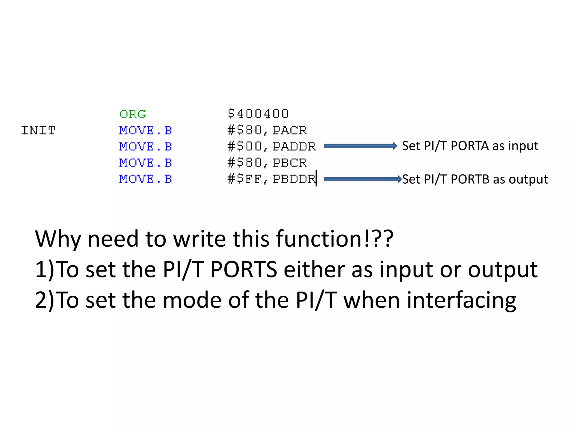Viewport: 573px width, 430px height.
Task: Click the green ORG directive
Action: [x=133, y=114]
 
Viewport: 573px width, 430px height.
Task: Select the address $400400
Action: [x=258, y=114]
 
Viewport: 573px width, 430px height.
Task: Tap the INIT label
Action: [x=38, y=131]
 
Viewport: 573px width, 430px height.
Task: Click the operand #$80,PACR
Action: [x=267, y=130]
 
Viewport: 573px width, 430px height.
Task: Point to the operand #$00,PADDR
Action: [x=271, y=147]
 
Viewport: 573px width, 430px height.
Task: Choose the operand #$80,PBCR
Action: [x=267, y=163]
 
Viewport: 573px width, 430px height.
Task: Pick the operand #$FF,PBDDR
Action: [x=271, y=179]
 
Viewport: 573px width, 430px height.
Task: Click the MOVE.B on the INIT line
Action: [x=145, y=131]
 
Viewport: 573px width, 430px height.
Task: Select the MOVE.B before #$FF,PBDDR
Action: [x=145, y=179]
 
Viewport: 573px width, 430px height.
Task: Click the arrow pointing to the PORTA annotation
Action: [x=360, y=146]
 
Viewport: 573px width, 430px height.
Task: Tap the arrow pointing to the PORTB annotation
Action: [x=363, y=179]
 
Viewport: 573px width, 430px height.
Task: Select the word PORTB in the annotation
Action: [x=470, y=179]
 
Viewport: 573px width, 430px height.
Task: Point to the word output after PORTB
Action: [x=528, y=179]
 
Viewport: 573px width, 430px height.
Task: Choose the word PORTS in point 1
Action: [x=244, y=269]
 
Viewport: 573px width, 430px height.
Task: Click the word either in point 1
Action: [x=314, y=269]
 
